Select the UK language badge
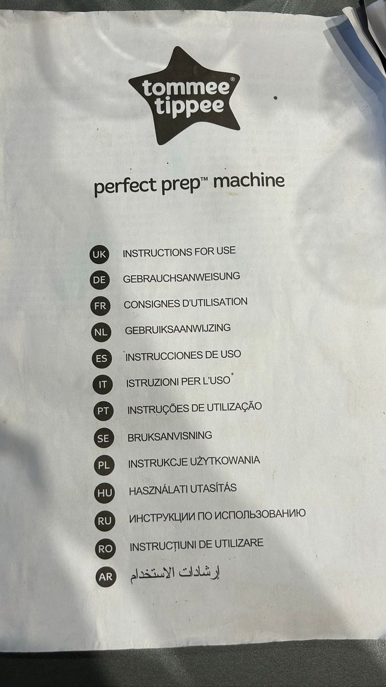[x=99, y=254]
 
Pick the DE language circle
[x=100, y=280]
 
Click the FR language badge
[x=100, y=306]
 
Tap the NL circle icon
[x=101, y=332]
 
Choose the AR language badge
[x=105, y=577]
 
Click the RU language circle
[x=105, y=521]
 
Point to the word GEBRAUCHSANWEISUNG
[x=181, y=277]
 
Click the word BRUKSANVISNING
[x=170, y=436]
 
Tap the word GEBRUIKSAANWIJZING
[x=178, y=329]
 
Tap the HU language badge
[x=104, y=493]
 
